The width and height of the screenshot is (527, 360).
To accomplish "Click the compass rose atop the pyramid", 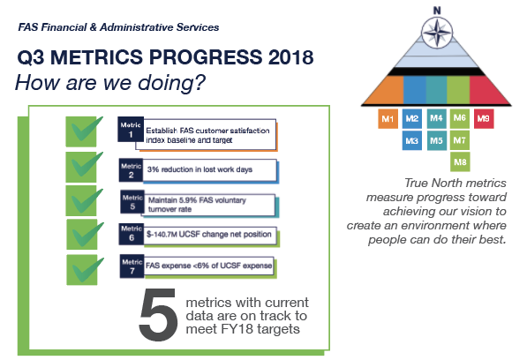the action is [x=437, y=33].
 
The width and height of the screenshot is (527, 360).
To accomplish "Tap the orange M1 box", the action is [x=388, y=119].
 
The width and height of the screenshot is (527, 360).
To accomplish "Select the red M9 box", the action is [x=484, y=118].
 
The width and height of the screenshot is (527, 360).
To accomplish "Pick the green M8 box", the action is [x=460, y=161].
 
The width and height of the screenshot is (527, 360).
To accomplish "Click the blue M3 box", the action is [x=412, y=140].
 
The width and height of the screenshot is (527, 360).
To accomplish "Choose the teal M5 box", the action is [x=437, y=140].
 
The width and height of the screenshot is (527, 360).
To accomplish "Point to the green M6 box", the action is [x=460, y=118].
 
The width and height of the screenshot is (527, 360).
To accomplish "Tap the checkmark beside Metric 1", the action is [x=84, y=131].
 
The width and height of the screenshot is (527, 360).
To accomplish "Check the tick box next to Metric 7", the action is [x=85, y=270].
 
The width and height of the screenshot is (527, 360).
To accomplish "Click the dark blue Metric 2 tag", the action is [x=131, y=170].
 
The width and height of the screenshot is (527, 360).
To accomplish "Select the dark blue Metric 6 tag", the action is [x=131, y=234].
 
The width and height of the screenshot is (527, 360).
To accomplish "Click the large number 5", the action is [x=158, y=314].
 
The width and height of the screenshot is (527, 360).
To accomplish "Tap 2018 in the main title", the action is [x=291, y=57].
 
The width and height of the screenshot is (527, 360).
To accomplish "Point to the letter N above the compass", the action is [x=437, y=11].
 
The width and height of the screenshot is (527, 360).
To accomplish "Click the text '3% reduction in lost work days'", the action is [x=200, y=169].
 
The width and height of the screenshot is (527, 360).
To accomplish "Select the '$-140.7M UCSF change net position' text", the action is [x=208, y=234].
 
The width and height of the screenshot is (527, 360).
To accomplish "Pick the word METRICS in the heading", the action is [x=96, y=57].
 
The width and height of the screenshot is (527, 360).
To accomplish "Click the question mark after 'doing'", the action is [x=200, y=82].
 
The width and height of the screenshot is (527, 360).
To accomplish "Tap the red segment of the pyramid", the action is [x=489, y=90].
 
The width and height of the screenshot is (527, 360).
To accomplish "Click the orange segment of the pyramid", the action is [x=386, y=90].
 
